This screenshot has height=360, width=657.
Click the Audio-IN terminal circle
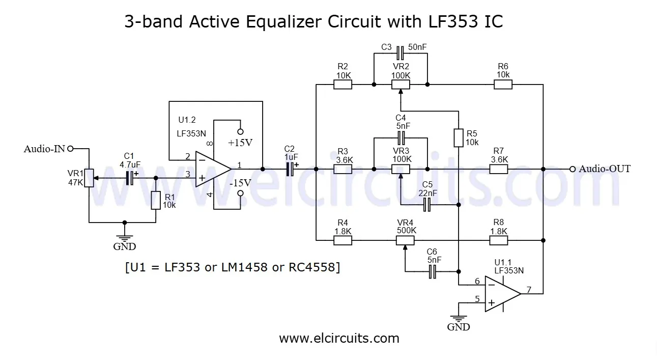click(70, 149)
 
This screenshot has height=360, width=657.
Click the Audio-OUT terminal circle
click(573, 169)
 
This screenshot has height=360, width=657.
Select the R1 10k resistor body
click(156, 201)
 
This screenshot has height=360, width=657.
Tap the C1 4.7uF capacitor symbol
click(130, 178)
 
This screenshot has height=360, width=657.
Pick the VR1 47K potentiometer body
click(89, 178)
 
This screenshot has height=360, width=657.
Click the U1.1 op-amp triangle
click(502, 294)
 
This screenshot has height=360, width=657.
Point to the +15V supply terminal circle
click(241, 131)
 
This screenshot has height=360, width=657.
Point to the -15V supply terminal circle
click(241, 192)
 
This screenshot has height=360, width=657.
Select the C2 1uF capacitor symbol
click(290, 169)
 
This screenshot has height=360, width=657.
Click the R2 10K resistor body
click(342, 85)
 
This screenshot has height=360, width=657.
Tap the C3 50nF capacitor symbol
click(401, 52)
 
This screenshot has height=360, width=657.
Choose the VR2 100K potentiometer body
click(401, 85)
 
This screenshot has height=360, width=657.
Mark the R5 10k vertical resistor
click(459, 137)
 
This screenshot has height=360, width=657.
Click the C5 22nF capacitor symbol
click(427, 205)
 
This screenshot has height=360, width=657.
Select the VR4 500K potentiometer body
click(406, 239)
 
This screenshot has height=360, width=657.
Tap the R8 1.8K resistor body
click(499, 239)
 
